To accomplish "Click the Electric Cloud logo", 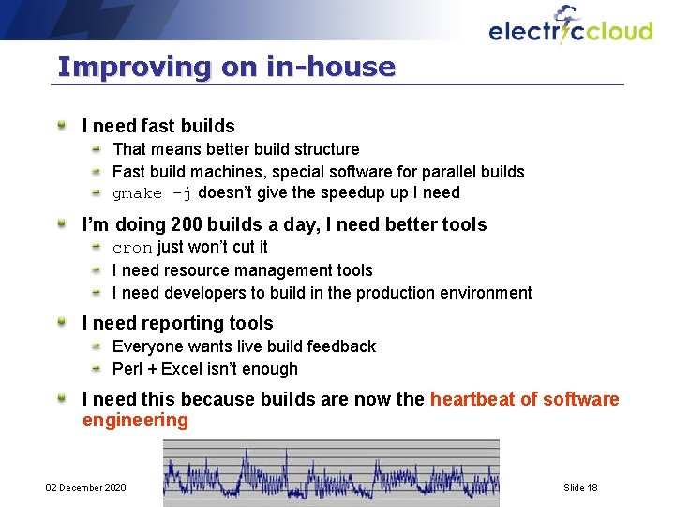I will pos(570,27).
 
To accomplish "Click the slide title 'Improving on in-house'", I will pos(226,67).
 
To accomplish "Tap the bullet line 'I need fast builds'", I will pos(158,126).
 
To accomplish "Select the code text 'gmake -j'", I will pos(152,193).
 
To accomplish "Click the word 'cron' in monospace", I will pos(132,248).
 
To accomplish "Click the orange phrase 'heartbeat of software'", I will pos(524,399).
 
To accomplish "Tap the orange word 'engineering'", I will pos(135,420).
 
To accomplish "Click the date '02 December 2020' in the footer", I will pos(86,487).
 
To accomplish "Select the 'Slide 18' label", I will pos(580,487).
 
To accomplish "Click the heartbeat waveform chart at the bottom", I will pos(331,472).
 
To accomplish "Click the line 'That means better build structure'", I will pos(235,149).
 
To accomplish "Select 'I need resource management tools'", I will pos(242,270).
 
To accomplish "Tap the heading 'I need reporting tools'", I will pos(177,324).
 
